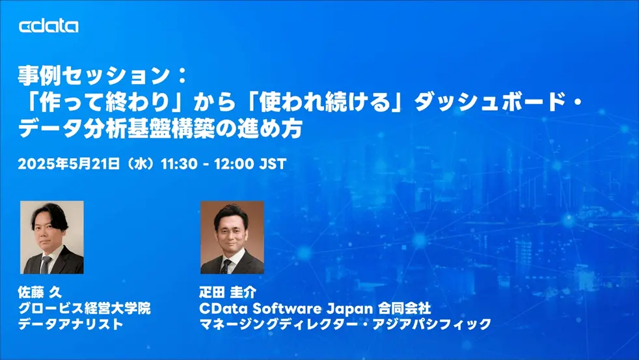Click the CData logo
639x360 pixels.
pyautogui.click(x=49, y=27)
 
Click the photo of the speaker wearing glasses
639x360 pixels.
pyautogui.click(x=52, y=237)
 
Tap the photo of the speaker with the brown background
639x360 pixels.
pyautogui.click(x=232, y=237)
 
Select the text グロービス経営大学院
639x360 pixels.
pyautogui.click(x=85, y=308)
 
